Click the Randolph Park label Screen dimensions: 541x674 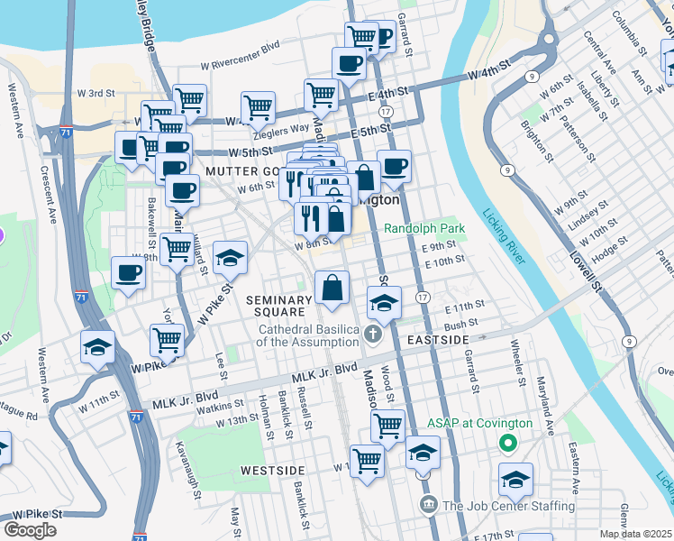click(x=424, y=229)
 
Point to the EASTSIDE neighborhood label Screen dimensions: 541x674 click(x=438, y=340)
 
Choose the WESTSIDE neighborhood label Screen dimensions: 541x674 click(x=273, y=471)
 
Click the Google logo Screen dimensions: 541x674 click(x=30, y=530)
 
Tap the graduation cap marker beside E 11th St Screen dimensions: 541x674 click(x=384, y=303)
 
